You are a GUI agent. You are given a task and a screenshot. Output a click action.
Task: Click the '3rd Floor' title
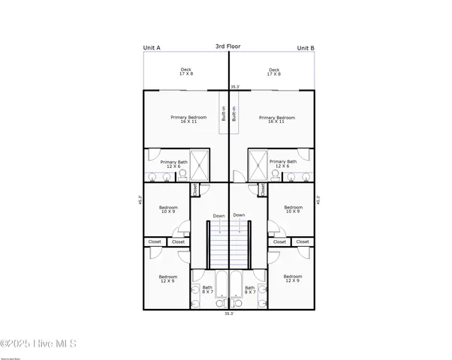[x=228, y=46]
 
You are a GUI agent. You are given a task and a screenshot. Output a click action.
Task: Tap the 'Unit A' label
[x=152, y=48]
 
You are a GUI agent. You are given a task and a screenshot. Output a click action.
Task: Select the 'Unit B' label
[x=306, y=48]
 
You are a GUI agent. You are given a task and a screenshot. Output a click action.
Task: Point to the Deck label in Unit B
[x=275, y=72]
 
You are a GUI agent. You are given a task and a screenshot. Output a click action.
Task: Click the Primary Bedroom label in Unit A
[x=183, y=119]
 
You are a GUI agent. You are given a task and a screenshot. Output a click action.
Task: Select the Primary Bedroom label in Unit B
[x=277, y=119]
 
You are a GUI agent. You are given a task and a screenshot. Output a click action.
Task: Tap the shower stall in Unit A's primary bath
[x=200, y=163]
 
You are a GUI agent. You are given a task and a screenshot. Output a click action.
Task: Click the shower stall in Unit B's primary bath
[x=258, y=163]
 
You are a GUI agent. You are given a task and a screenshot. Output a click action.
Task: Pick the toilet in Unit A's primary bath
[x=182, y=175]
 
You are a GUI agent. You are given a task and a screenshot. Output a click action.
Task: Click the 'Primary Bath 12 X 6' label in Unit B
[x=283, y=163]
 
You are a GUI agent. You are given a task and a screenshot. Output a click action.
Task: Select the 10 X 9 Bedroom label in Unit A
[x=167, y=209]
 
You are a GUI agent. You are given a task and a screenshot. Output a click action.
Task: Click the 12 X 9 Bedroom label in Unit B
[x=293, y=278]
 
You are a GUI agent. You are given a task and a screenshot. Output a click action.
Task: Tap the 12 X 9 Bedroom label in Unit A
[x=167, y=278]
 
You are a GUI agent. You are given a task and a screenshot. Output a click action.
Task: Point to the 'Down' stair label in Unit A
[x=218, y=216]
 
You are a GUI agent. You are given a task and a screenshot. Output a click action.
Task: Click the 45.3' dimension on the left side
[x=139, y=201]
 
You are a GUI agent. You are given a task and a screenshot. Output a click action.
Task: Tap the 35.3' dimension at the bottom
[x=228, y=314]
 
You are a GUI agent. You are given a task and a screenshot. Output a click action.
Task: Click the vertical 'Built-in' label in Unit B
[x=234, y=113]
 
